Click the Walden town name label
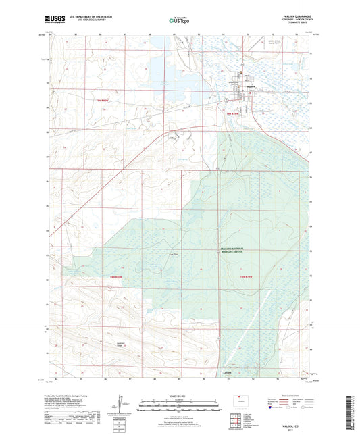tap(249, 86)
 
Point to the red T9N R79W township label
tap(232, 115)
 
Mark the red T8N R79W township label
tap(249, 277)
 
